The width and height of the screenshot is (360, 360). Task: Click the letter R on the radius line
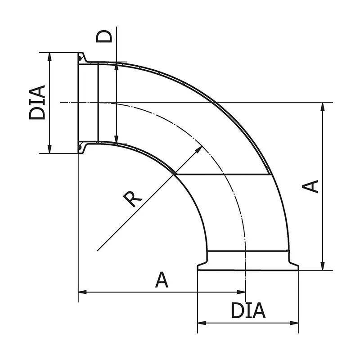click(133, 198)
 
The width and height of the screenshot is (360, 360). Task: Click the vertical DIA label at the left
click(38, 103)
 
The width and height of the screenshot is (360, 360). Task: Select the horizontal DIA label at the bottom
click(248, 310)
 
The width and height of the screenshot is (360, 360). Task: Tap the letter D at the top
click(104, 36)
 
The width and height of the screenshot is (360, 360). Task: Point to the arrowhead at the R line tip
click(198, 149)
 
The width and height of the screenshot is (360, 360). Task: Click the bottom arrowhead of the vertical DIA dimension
click(49, 149)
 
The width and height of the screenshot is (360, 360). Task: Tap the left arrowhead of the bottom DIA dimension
click(202, 322)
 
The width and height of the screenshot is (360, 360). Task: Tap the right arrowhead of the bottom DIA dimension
click(295, 322)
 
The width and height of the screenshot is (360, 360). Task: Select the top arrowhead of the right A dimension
click(323, 107)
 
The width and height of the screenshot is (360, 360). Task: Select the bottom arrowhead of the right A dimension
click(323, 266)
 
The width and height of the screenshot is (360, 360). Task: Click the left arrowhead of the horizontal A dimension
click(82, 292)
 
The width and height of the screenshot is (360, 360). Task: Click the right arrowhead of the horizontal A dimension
click(242, 292)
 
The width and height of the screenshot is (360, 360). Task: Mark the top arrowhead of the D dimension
click(117, 67)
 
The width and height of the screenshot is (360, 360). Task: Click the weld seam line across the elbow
click(223, 174)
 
